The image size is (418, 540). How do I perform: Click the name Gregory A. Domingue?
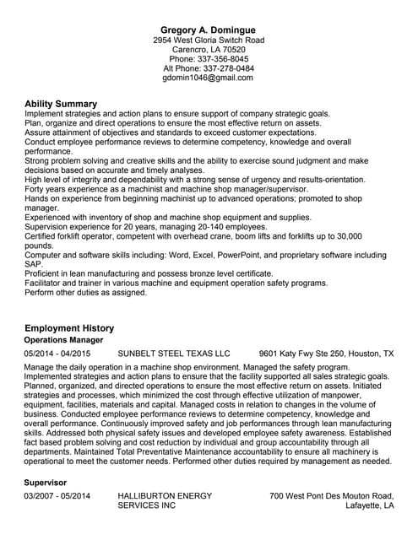point(209,29)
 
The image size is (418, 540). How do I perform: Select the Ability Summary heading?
point(61,104)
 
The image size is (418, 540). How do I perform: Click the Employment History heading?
point(69,327)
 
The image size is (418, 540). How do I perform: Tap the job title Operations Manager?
point(63,340)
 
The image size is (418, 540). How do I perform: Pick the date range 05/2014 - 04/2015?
point(57,354)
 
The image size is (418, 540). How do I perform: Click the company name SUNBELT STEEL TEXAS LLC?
point(173,354)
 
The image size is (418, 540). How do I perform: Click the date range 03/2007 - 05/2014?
point(57,496)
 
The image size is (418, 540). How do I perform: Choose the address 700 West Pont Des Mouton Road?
point(332,496)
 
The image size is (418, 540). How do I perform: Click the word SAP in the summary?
point(34,264)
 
